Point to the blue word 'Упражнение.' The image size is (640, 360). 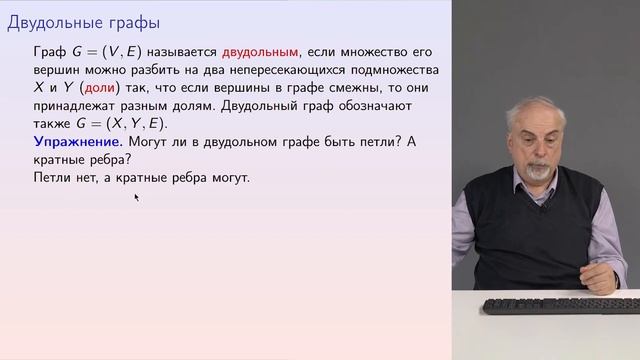76,142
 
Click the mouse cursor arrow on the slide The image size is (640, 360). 136,197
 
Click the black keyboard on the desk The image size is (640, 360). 560,304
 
